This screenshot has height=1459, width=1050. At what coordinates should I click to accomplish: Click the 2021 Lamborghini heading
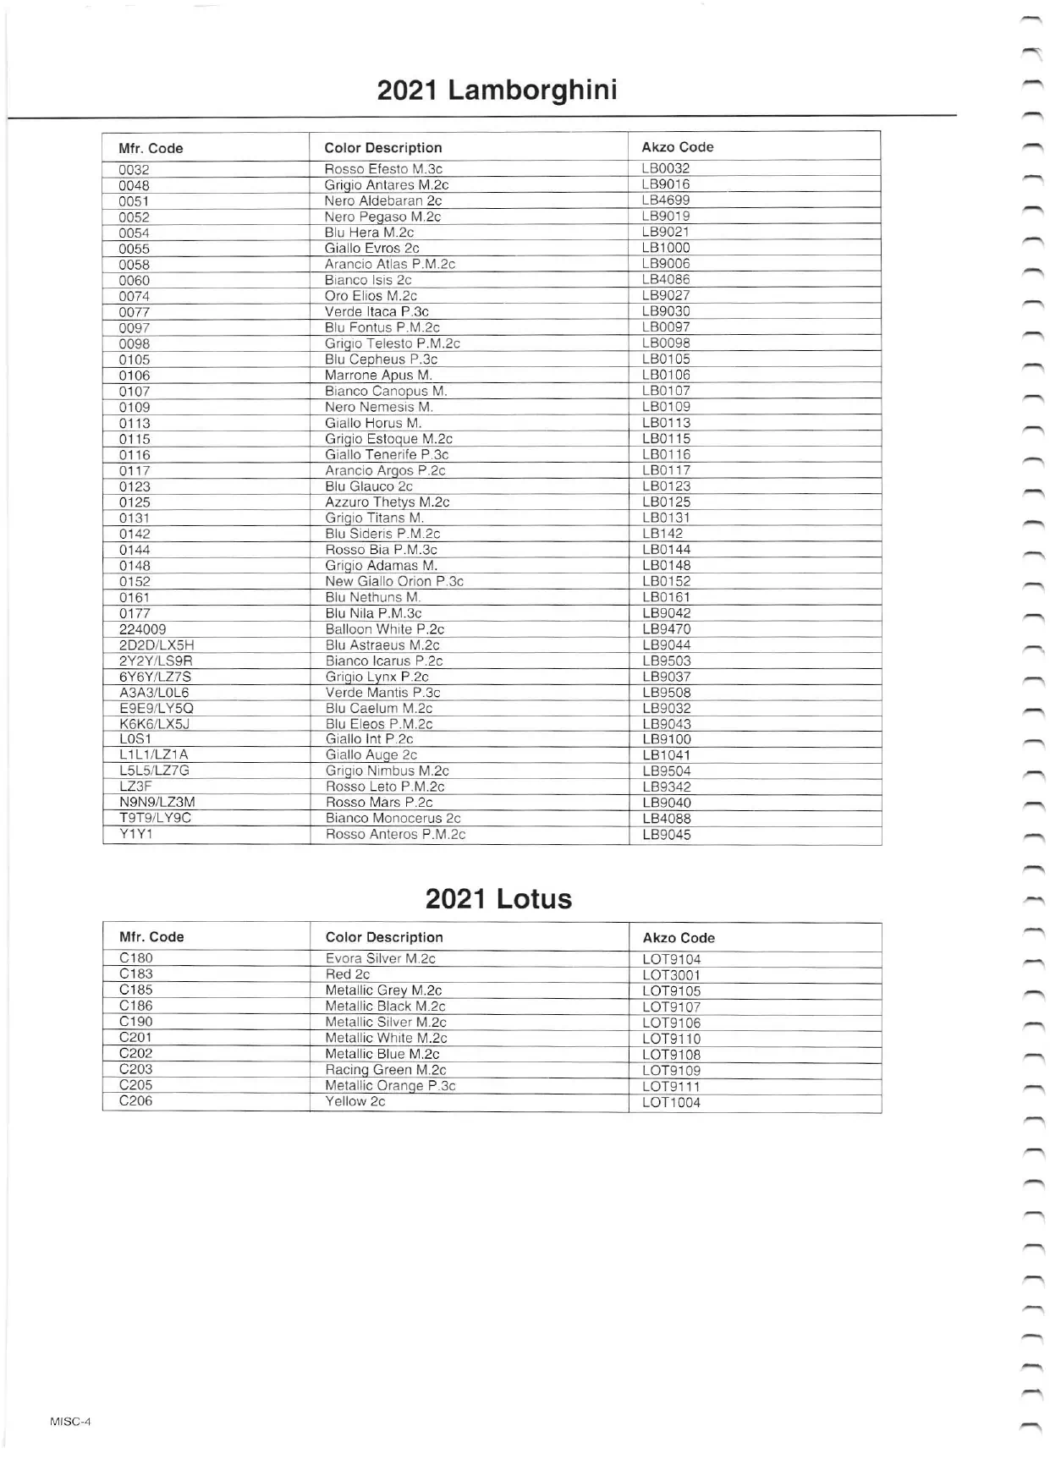click(x=497, y=90)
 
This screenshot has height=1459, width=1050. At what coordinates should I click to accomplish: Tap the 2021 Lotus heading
click(x=498, y=898)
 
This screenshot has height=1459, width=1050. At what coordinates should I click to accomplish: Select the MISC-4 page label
click(x=70, y=1421)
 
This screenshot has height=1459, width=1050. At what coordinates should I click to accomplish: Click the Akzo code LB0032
click(x=666, y=168)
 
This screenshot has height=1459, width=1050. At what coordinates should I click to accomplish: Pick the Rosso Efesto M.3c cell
click(x=383, y=169)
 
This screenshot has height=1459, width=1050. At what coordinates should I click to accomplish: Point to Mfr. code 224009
click(x=142, y=629)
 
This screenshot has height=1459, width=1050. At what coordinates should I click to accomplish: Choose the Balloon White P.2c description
click(x=384, y=629)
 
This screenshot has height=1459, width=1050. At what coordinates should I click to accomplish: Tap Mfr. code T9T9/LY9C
click(x=155, y=818)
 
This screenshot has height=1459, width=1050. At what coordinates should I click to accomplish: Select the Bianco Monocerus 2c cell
click(x=393, y=818)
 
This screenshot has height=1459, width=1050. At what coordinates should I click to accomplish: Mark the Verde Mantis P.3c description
click(x=382, y=693)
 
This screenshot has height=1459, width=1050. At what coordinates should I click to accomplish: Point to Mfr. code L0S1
click(x=135, y=739)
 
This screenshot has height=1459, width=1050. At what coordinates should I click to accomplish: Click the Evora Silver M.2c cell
click(x=380, y=958)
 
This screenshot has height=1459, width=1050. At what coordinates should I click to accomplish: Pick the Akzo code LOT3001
click(x=671, y=975)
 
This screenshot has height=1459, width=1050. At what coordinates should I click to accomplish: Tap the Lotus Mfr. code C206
click(x=135, y=1101)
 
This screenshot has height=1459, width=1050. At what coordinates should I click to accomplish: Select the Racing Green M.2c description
click(x=385, y=1070)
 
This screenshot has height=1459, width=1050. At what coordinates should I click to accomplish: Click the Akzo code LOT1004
click(x=671, y=1103)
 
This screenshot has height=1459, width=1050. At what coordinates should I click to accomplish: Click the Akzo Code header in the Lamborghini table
click(x=677, y=147)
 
